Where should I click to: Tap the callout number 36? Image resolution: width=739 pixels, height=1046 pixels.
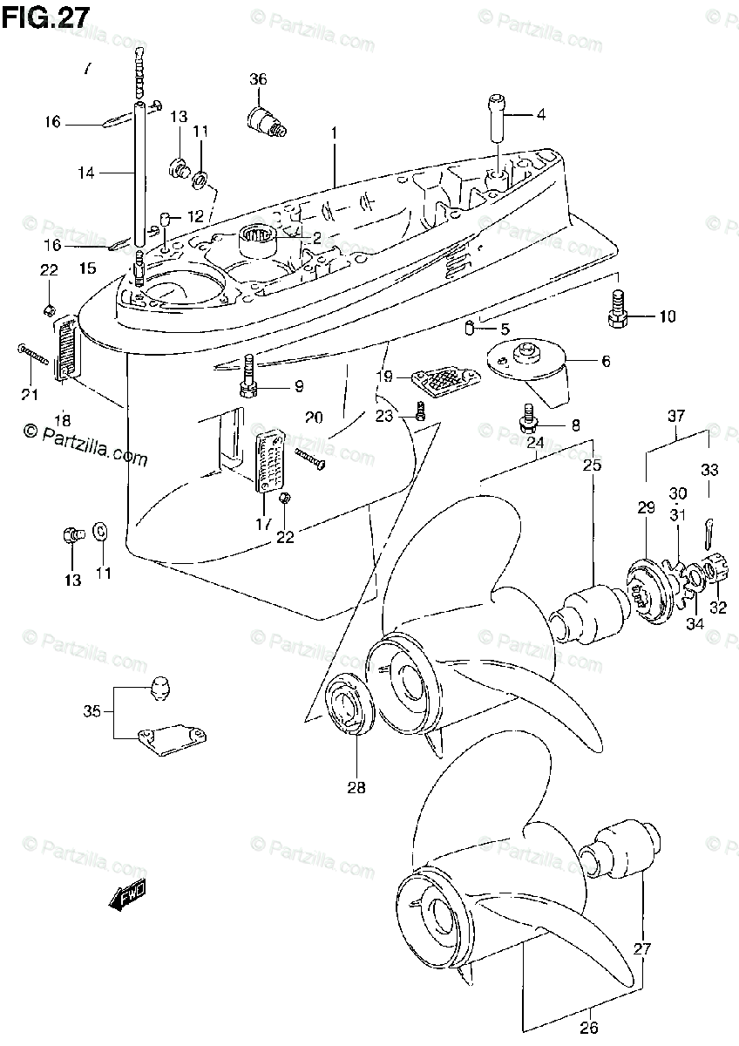258,79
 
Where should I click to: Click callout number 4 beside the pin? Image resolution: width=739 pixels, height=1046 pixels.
540,114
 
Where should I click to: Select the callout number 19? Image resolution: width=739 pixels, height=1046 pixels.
384,377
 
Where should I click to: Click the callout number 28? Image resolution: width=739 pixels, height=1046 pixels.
356,788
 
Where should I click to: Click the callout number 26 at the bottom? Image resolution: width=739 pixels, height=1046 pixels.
590,1027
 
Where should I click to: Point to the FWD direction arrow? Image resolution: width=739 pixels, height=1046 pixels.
126,896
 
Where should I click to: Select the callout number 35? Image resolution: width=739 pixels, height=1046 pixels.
92,710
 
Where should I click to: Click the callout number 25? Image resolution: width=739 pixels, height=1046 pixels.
593,466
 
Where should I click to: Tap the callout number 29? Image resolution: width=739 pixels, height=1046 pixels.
645,506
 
